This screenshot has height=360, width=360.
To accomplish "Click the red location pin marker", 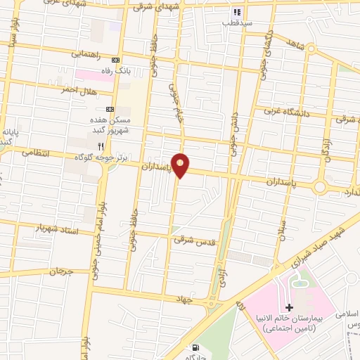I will (181, 165).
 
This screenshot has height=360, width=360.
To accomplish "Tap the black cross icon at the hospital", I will (289, 307).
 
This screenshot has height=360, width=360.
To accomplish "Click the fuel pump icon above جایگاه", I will (194, 347).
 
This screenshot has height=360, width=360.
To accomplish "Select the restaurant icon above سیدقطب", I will (237, 12).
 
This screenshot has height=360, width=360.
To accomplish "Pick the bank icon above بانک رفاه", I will (116, 61).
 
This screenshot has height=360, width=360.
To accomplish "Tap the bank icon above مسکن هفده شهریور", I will (110, 110).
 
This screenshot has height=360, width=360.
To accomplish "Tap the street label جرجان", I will (61, 271).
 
